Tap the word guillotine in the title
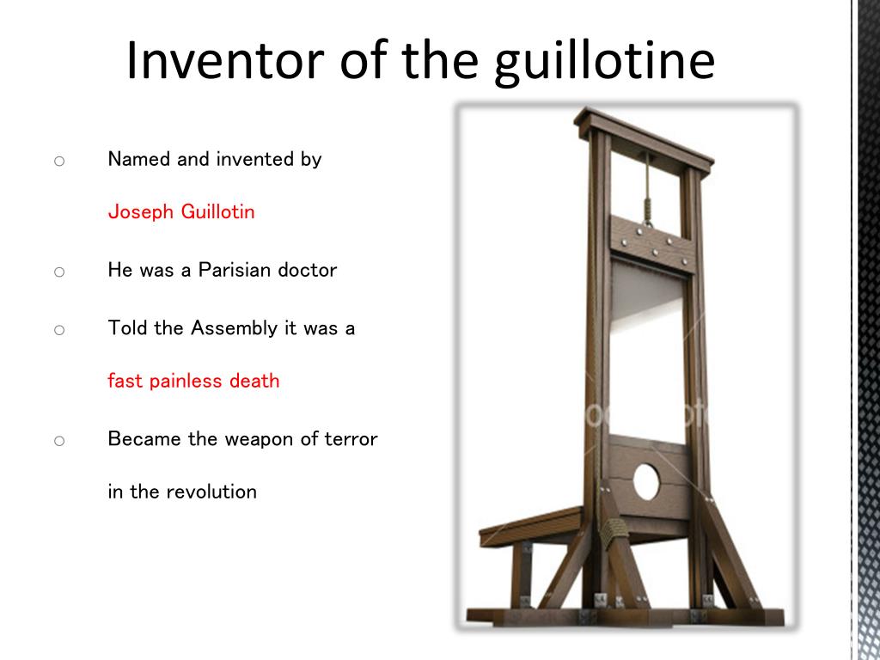(x=604, y=64)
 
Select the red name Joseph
(x=141, y=212)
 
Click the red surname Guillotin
(x=217, y=211)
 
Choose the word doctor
(x=308, y=269)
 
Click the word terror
(x=351, y=439)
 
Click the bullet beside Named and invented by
(x=59, y=161)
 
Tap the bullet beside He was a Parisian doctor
(x=59, y=272)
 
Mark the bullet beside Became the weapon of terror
(x=59, y=441)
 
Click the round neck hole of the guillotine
(x=646, y=481)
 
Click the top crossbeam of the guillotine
(x=644, y=137)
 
